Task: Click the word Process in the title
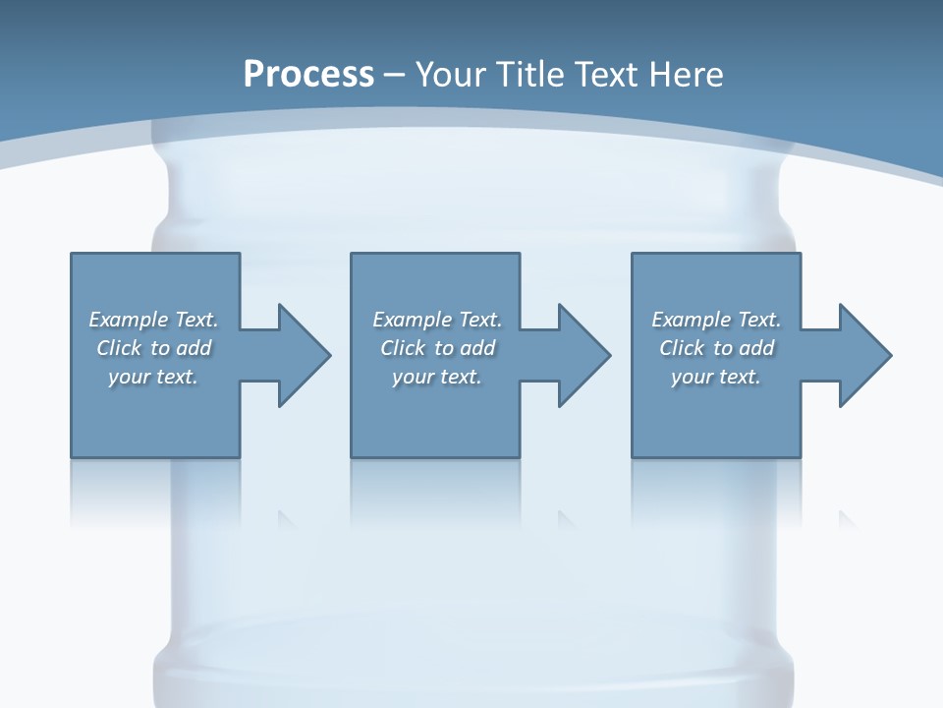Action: click(308, 74)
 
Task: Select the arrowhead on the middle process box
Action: click(582, 355)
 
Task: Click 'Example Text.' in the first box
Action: click(153, 320)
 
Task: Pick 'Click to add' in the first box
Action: click(153, 348)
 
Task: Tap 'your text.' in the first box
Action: click(153, 377)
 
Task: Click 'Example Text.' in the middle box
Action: click(436, 320)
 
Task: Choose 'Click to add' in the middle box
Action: click(436, 348)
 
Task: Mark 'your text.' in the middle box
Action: click(436, 377)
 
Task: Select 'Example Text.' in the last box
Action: click(716, 320)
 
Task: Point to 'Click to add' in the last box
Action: click(716, 348)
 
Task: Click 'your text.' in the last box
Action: click(716, 377)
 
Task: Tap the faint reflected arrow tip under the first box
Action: click(286, 518)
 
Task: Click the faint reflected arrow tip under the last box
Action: click(846, 518)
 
